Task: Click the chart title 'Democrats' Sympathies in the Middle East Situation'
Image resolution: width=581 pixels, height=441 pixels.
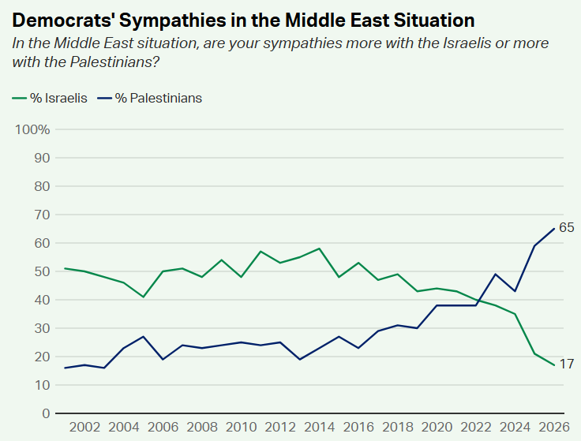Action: coord(243,20)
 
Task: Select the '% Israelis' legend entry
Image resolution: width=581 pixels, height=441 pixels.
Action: coord(50,98)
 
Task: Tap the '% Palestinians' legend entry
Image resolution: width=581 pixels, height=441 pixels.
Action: coord(150,98)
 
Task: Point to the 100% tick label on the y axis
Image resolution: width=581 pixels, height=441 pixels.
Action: coord(32,129)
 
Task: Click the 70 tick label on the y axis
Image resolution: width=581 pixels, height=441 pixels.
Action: coord(42,215)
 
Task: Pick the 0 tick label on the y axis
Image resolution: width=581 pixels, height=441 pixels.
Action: coord(46,413)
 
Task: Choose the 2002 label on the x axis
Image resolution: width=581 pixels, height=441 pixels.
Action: coord(84,427)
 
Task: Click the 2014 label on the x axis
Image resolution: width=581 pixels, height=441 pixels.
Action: coord(320,427)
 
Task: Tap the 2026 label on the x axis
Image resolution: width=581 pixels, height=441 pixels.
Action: coord(554,427)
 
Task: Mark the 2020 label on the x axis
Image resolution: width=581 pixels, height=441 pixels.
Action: coord(437,427)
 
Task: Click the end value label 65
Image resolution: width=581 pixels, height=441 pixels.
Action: coord(566,227)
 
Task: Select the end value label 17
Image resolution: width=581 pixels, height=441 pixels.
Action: coord(566,364)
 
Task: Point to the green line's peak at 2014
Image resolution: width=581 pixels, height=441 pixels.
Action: coord(320,249)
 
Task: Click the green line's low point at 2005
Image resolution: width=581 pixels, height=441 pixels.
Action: coord(144,297)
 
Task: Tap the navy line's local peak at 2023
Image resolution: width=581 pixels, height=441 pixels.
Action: coord(496,274)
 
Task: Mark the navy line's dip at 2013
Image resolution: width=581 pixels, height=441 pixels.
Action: coord(300,360)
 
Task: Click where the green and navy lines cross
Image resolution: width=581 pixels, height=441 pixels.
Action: coord(481,301)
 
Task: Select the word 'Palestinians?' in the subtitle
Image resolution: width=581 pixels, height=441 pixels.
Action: coord(115,62)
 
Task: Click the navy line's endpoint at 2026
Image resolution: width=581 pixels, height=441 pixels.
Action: coord(554,229)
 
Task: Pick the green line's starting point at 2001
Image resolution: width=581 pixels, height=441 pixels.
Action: coord(66,268)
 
